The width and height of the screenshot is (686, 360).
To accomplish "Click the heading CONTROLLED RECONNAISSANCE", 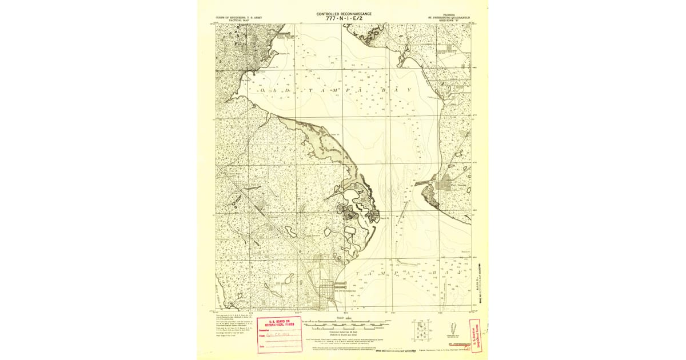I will click(x=344, y=13).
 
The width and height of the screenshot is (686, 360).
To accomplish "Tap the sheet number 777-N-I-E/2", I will click(x=344, y=18).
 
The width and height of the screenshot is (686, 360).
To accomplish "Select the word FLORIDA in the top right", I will click(x=449, y=14).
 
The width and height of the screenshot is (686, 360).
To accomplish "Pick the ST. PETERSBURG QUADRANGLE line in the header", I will click(x=449, y=17).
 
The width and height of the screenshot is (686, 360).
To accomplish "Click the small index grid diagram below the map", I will click(x=422, y=328).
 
